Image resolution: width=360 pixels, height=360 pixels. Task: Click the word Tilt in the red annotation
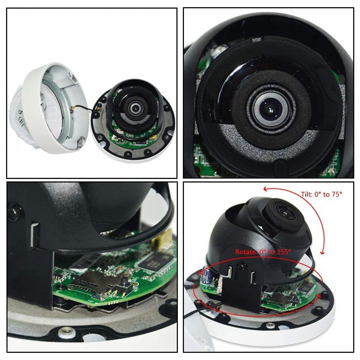(307, 194)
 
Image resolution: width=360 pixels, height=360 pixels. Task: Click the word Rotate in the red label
(245, 252)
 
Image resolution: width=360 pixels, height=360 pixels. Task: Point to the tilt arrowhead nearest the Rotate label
(322, 252)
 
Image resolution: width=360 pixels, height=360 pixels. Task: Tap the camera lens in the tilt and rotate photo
(284, 212)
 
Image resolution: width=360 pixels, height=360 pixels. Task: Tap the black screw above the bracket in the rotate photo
(242, 266)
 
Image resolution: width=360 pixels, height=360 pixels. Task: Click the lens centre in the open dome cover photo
(134, 108)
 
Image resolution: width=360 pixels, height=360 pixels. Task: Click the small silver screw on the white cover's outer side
(20, 112)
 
